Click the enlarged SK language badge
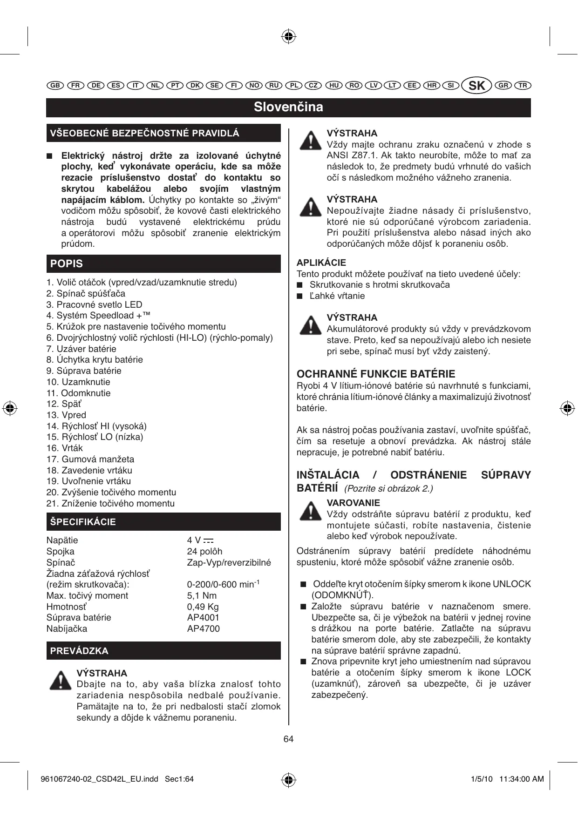(x=476, y=86)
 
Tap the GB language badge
(x=55, y=86)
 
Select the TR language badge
(x=523, y=86)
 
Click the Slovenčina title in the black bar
(x=288, y=107)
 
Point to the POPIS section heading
(x=67, y=263)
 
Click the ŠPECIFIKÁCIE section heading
(x=83, y=522)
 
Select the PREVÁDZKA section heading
(x=79, y=651)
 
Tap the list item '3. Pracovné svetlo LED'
(x=94, y=304)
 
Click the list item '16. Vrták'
(x=64, y=448)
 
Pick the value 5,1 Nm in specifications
(x=202, y=595)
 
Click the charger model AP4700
(x=203, y=628)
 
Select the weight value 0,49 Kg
(x=203, y=607)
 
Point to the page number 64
(x=288, y=739)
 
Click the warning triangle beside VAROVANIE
(x=310, y=511)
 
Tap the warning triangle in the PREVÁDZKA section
(x=60, y=681)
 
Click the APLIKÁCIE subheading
(x=321, y=263)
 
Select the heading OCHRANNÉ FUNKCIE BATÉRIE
(x=376, y=374)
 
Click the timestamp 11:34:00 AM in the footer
(x=521, y=779)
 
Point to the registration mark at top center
(x=289, y=36)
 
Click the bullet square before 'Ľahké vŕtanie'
(x=300, y=296)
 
